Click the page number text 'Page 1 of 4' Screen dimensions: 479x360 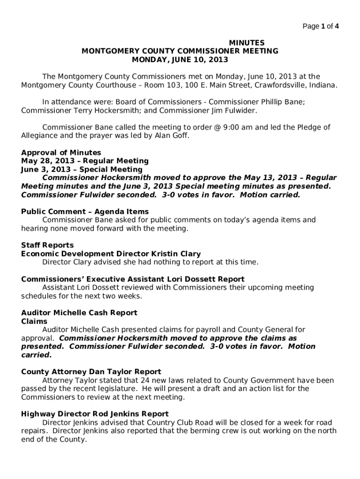coord(321,26)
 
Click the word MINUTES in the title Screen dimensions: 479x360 coord(246,43)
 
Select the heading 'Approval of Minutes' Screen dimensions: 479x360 coord(61,152)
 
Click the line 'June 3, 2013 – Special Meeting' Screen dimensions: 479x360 coord(82,169)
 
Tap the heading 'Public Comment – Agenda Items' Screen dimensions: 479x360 coord(85,211)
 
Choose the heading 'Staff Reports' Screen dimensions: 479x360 coord(47,245)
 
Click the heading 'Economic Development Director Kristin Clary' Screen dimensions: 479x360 coord(111,254)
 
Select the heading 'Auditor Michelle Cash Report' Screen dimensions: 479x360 coord(79,312)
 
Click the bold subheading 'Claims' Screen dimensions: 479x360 coord(34,321)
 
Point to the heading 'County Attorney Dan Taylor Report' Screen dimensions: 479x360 coord(91,372)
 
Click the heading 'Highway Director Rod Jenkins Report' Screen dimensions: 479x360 coord(95,414)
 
